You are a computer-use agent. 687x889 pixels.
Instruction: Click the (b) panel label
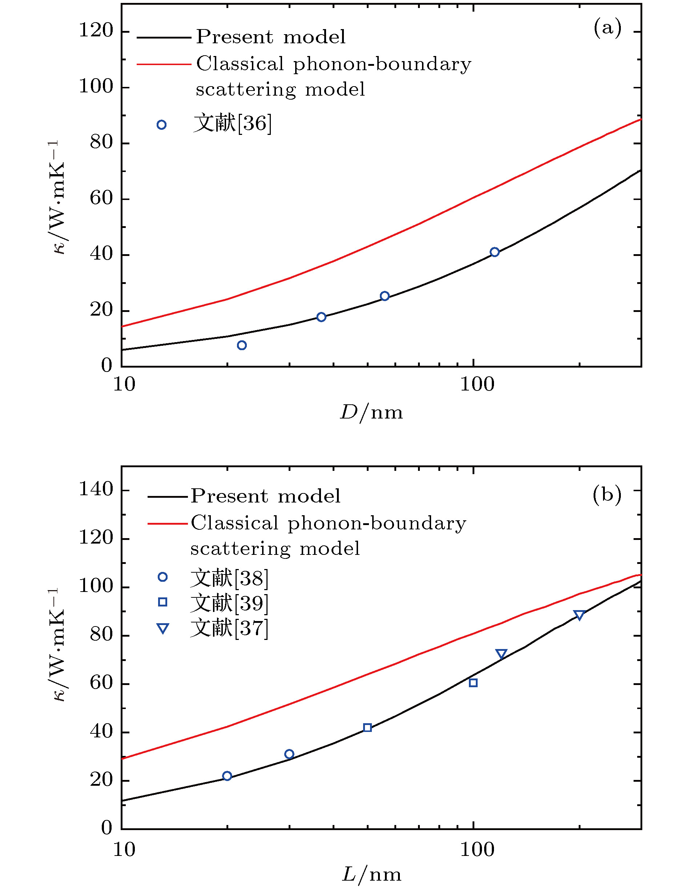pos(607,494)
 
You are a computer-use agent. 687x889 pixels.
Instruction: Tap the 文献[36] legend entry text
pos(232,123)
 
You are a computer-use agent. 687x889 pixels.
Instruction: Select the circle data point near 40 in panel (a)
pos(494,252)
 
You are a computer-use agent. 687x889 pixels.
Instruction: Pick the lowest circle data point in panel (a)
pos(242,345)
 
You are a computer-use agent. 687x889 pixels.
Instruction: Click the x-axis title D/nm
pos(371,413)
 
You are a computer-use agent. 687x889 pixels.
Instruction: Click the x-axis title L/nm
pos(371,874)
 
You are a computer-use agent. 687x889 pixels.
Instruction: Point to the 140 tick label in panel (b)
pos(96,489)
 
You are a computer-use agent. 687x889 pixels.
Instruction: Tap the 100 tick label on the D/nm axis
pos(477,384)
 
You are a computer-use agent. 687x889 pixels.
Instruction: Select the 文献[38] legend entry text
pos(229,578)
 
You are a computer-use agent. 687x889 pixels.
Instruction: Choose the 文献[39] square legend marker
pos(163,602)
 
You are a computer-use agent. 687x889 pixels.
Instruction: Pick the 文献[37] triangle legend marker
pos(163,629)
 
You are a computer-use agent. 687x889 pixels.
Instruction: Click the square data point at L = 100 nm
pos(473,682)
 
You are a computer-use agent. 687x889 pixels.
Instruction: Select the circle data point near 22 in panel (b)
pos(227,776)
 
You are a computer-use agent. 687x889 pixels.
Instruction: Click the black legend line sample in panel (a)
pos(164,37)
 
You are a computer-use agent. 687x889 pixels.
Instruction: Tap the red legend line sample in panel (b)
pos(168,524)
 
